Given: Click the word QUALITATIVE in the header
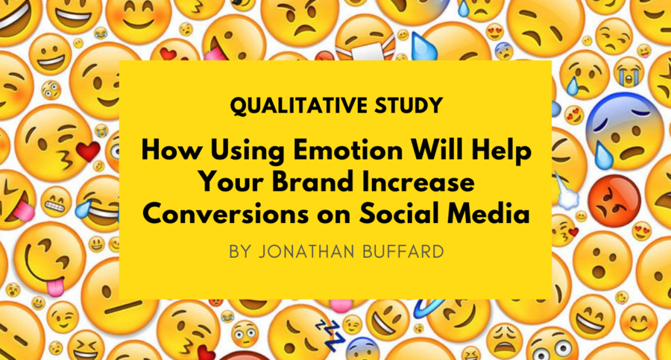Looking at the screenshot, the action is pyautogui.click(x=297, y=106).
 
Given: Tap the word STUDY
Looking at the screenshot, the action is pyautogui.click(x=409, y=105).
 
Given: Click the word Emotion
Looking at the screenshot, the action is pyautogui.click(x=348, y=151).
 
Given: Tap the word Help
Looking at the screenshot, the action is pyautogui.click(x=503, y=153).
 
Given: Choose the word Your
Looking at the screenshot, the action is pyautogui.click(x=232, y=182).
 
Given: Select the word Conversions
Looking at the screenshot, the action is pyautogui.click(x=225, y=214).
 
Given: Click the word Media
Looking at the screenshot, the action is pyautogui.click(x=489, y=214).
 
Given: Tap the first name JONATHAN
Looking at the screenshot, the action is pyautogui.click(x=307, y=252).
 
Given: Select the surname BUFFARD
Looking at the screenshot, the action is pyautogui.click(x=403, y=252).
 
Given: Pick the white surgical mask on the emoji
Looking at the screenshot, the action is pyautogui.click(x=364, y=51).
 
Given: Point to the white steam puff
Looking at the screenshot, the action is pyautogui.click(x=567, y=195).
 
